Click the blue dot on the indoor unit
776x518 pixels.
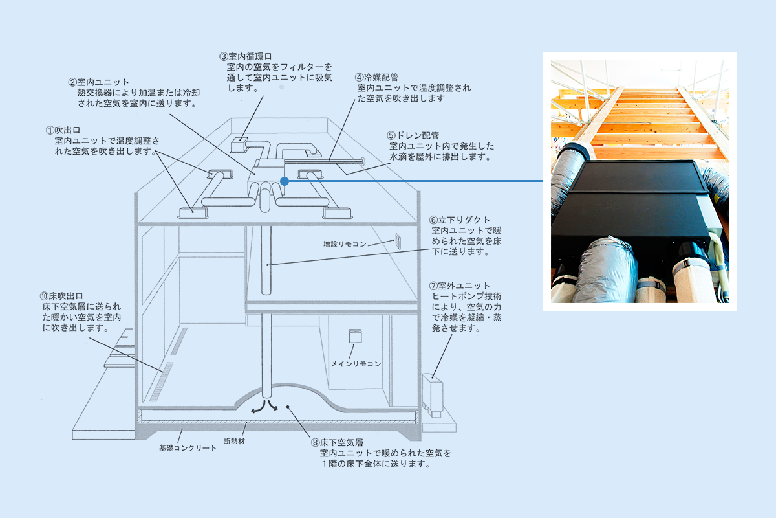coord(285,181)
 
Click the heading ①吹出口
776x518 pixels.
coord(63,130)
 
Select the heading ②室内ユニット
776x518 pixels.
coord(99,82)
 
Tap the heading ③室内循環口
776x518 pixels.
coord(246,56)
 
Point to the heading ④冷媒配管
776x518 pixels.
coord(376,77)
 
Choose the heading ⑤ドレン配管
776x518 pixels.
coord(413,135)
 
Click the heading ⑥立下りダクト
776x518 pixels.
coord(460,220)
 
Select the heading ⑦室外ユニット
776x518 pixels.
coord(460,286)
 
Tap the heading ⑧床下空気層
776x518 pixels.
coord(337,443)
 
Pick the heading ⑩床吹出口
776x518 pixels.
coord(61,297)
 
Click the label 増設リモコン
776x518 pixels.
coord(345,244)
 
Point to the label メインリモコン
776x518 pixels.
coord(356,364)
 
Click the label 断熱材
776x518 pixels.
coord(234,442)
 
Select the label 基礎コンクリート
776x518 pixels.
coord(188,448)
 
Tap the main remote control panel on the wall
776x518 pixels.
coord(355,336)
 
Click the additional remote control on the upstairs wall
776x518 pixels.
coord(398,241)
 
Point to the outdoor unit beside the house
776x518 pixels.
coord(433,396)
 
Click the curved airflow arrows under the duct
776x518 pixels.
coord(265,407)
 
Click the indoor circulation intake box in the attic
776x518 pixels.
coord(239,144)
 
